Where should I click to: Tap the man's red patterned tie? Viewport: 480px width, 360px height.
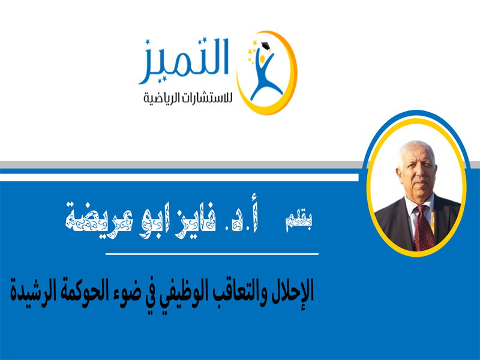424,227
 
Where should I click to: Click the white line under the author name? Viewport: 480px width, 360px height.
212,254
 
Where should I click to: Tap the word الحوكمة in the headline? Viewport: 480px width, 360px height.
81,291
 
